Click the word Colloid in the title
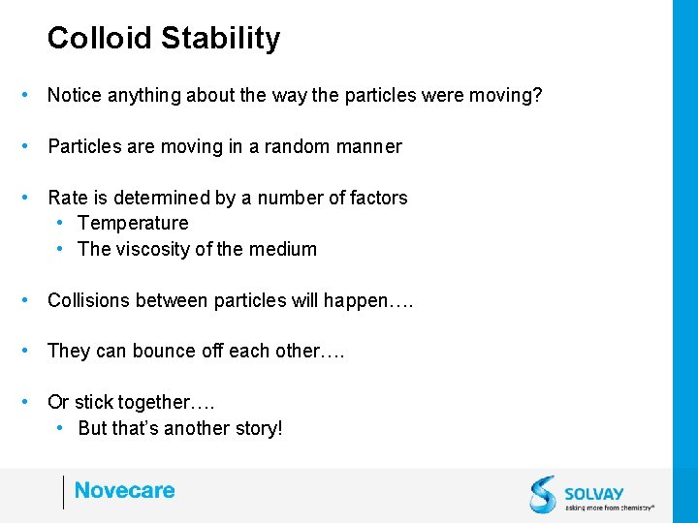pos(100,38)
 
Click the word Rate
pos(68,198)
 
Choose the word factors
pos(376,198)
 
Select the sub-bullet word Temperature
pos(133,223)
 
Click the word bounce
pos(166,351)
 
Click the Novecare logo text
pos(124,491)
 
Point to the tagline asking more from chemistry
pos(609,507)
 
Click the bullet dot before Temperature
pos(60,223)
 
